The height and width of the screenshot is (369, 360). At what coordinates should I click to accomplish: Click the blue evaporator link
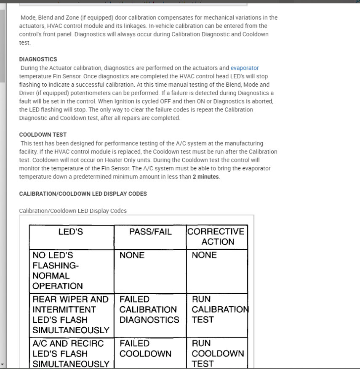[x=244, y=68]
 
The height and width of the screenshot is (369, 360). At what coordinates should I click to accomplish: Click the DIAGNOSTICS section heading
[x=38, y=59]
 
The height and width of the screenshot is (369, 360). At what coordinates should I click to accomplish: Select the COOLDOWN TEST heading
[x=43, y=135]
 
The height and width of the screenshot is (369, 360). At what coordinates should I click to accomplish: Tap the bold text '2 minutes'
[x=205, y=177]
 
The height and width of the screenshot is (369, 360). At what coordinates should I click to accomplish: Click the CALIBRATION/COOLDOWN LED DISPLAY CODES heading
[x=83, y=194]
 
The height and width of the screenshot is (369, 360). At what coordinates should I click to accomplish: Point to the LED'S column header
[x=71, y=232]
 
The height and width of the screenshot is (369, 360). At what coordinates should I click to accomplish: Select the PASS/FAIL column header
[x=150, y=232]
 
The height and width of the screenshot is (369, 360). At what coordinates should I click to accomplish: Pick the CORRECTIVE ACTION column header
[x=217, y=236]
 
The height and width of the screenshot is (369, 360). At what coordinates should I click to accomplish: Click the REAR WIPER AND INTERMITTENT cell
[x=71, y=314]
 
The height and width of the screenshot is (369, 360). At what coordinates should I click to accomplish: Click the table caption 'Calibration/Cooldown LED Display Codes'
[x=73, y=210]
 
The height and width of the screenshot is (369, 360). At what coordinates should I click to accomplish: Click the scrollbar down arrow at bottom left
[x=3, y=364]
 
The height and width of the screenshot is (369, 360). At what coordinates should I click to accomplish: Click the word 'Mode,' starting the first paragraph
[x=28, y=18]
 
